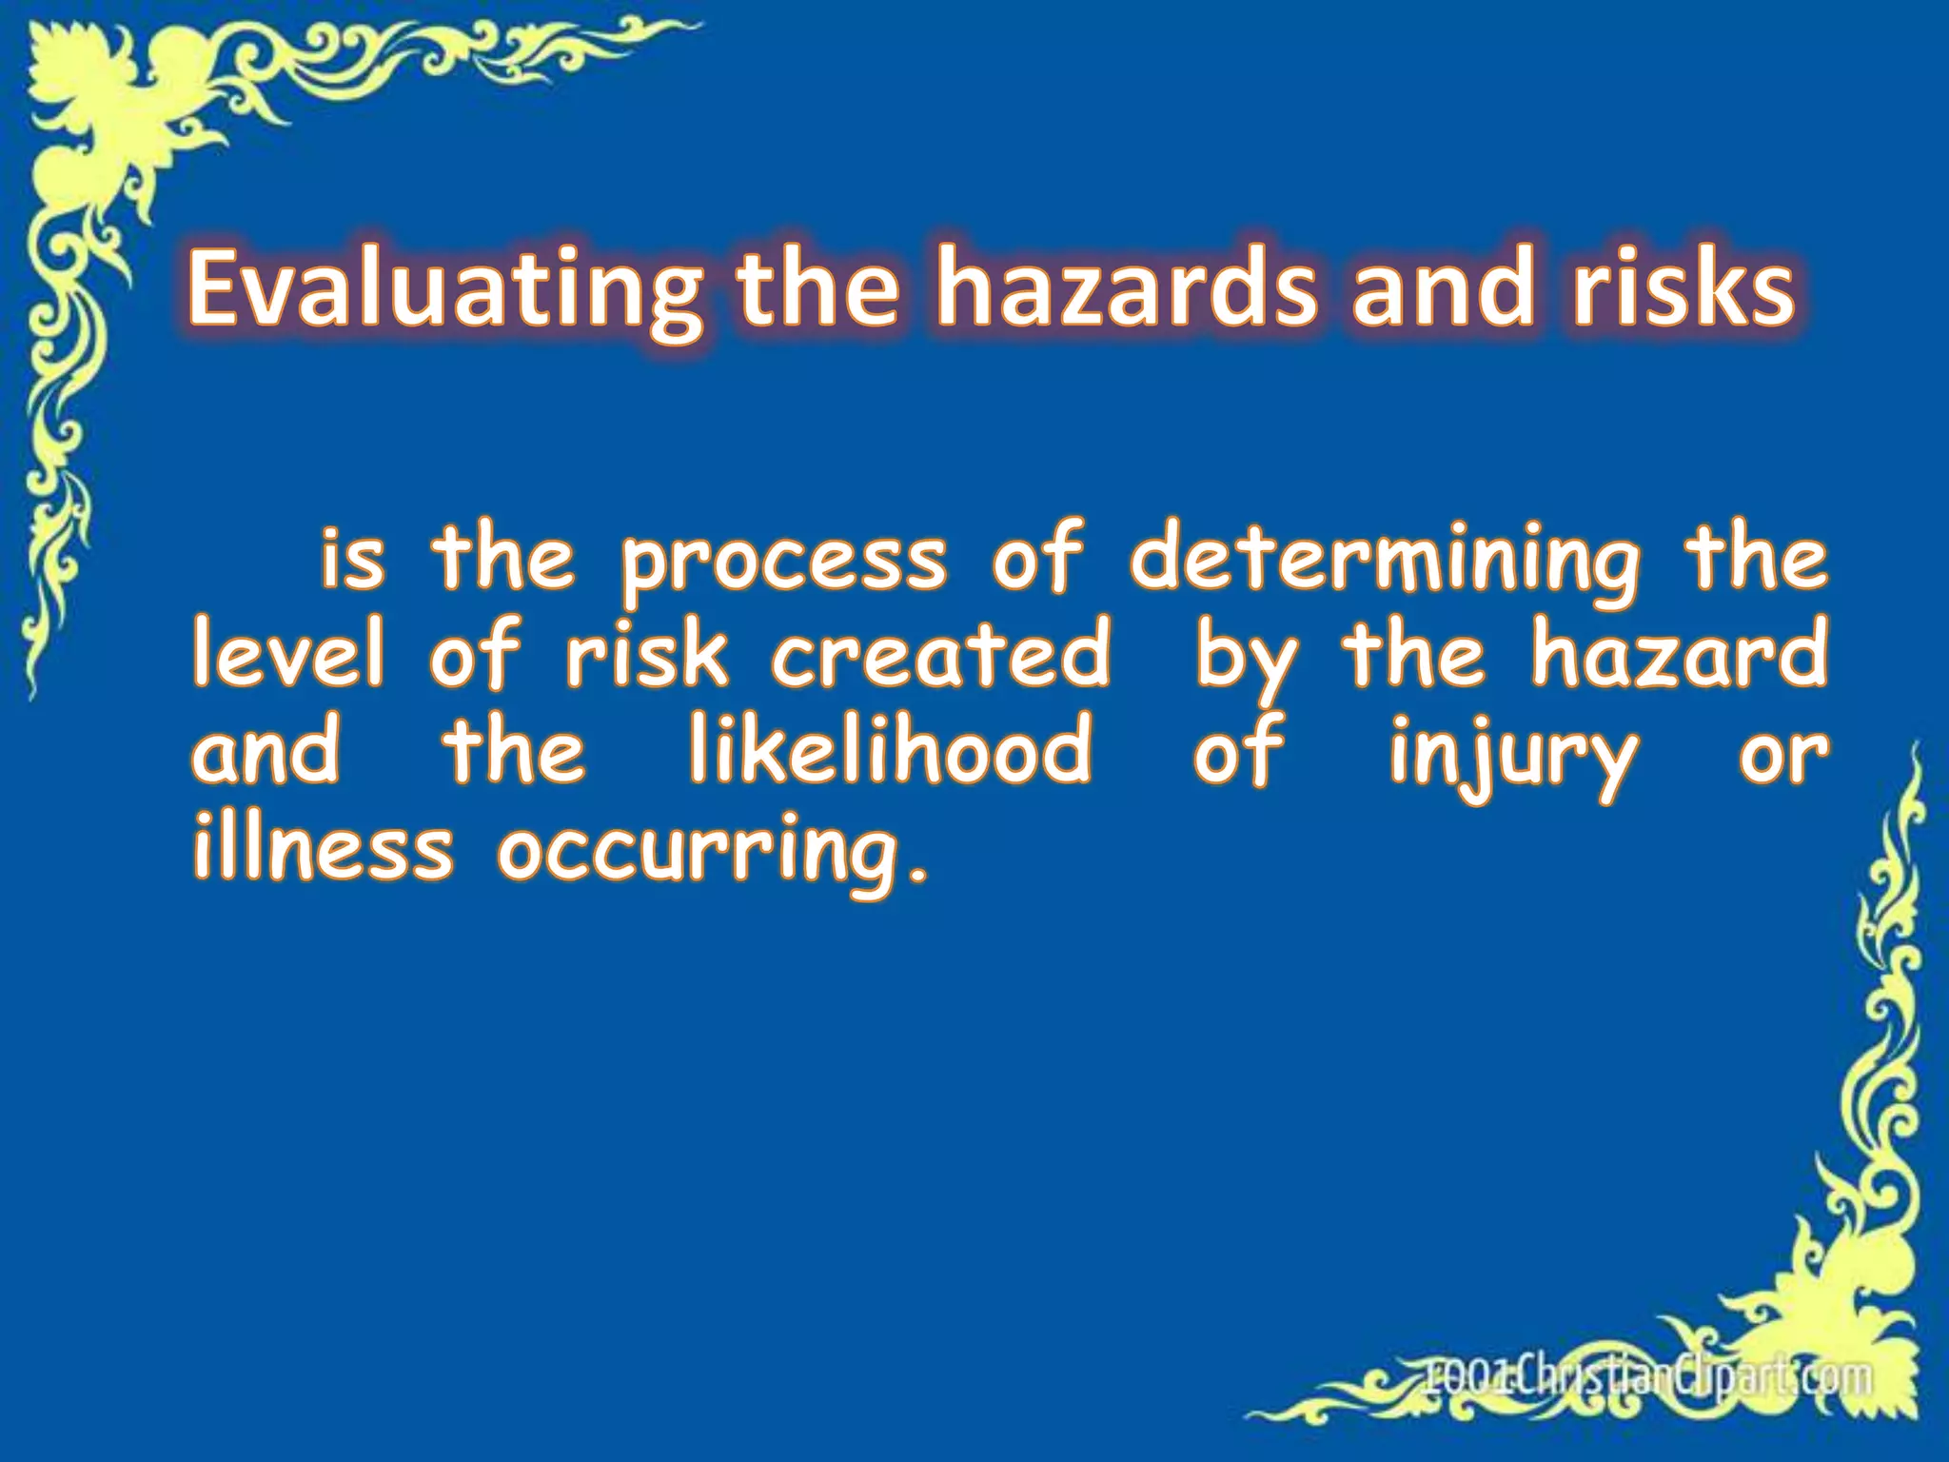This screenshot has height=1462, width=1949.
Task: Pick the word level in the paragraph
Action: pos(288,655)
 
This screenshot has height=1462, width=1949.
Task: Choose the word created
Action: pos(940,655)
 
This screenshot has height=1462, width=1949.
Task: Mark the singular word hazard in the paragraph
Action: pos(1679,655)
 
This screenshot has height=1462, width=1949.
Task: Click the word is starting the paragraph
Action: pos(353,562)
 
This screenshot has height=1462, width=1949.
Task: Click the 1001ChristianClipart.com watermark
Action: pos(1646,1377)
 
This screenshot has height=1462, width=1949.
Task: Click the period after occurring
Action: pos(917,871)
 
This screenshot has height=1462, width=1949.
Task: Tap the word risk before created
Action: pos(646,655)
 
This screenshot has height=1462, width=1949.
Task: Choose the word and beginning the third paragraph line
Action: pos(266,752)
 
